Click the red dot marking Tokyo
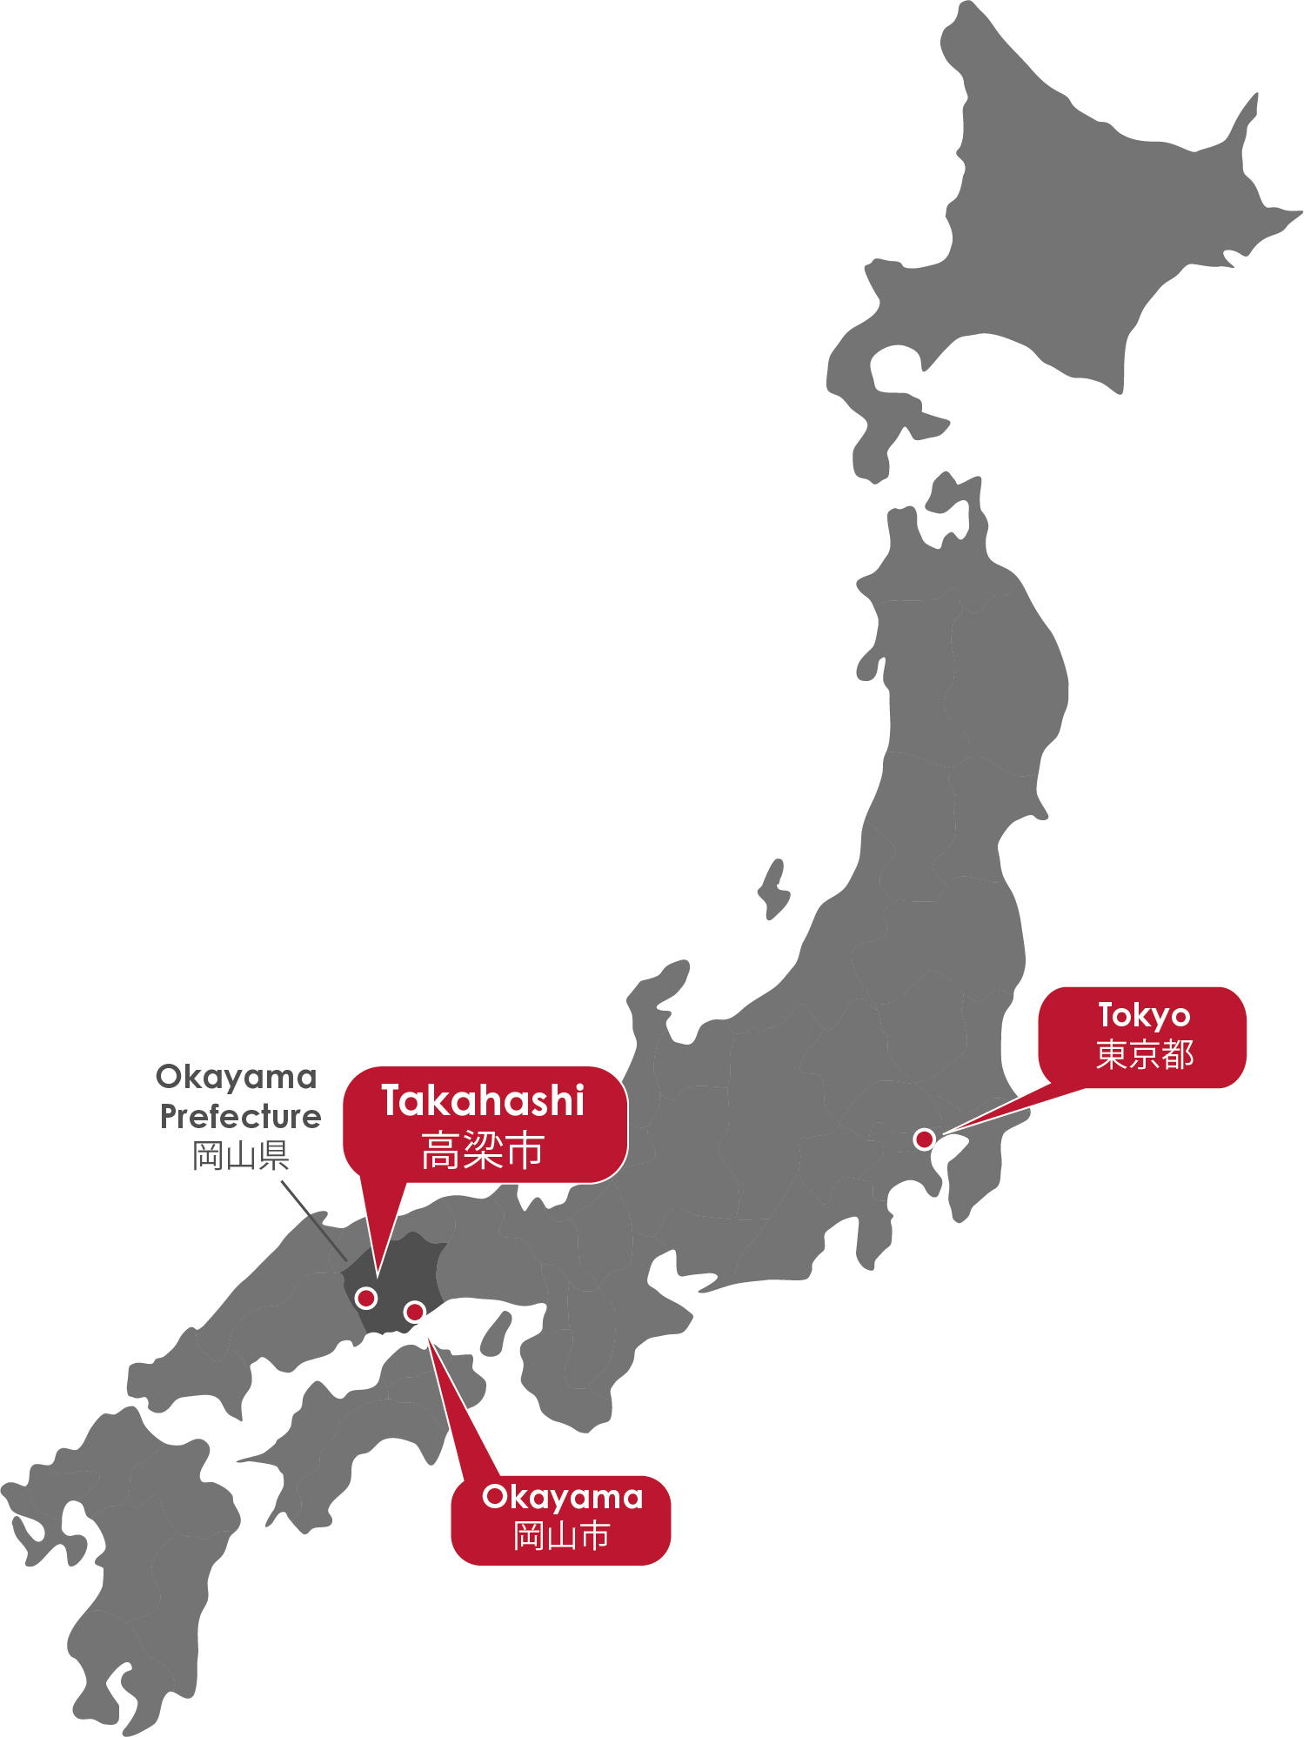(924, 1139)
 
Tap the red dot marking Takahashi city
(366, 1298)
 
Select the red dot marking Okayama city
(415, 1311)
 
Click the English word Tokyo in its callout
(1143, 1015)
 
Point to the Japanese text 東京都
(1144, 1055)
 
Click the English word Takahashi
(483, 1101)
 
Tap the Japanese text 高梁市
(483, 1151)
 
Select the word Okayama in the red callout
(562, 1497)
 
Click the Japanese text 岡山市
(561, 1536)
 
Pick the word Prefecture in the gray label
(240, 1117)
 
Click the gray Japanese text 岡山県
(240, 1156)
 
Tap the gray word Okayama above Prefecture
(236, 1078)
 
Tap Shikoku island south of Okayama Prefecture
(365, 1426)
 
